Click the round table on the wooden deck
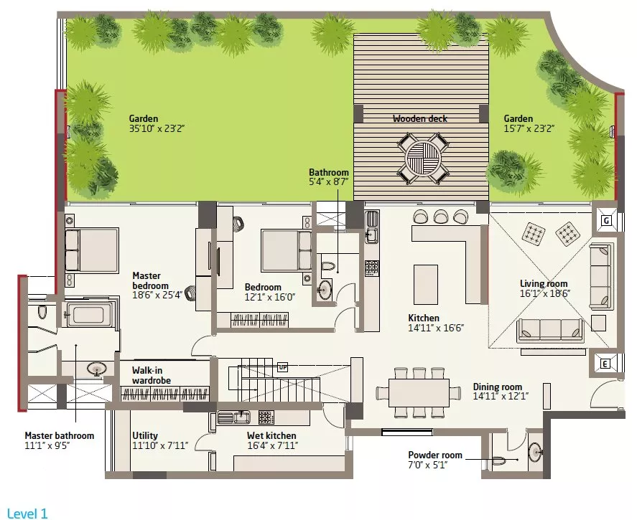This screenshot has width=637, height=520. [423, 156]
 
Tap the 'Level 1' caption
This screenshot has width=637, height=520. [27, 514]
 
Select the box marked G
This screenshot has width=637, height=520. [606, 221]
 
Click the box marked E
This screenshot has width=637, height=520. [605, 364]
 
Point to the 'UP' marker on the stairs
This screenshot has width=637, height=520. [283, 367]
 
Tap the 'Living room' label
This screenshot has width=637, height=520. [544, 283]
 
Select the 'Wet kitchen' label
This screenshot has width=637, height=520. [271, 435]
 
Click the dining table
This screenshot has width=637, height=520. [419, 392]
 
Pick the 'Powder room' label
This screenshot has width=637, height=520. [435, 455]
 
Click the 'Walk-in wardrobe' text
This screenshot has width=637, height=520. [151, 375]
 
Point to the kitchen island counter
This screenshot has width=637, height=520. [426, 284]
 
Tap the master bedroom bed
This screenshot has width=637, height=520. [91, 250]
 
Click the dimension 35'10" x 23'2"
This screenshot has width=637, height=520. [157, 128]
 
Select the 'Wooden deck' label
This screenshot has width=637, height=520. [419, 118]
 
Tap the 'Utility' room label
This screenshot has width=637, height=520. [145, 435]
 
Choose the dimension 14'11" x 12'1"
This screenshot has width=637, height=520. [501, 397]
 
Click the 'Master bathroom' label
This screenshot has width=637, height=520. [60, 435]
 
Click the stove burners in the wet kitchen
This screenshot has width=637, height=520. [266, 417]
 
